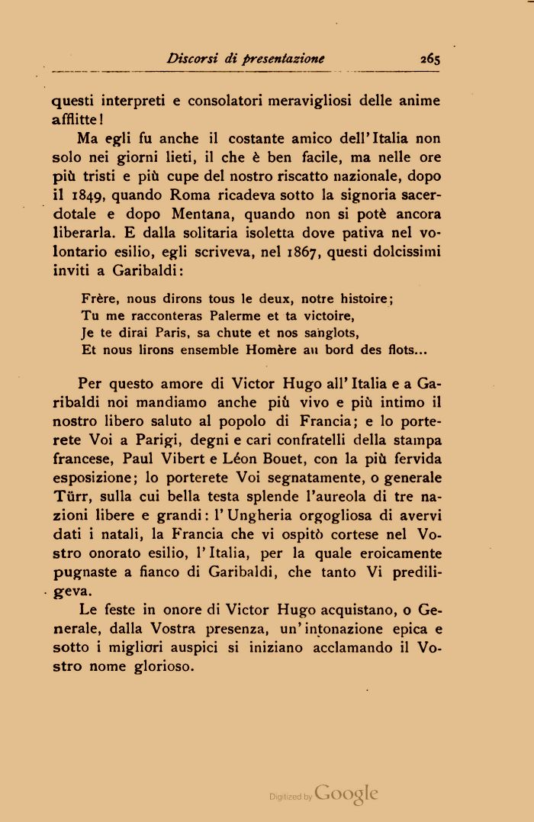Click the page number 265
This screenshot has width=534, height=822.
coord(430,58)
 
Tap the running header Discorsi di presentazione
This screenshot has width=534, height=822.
coord(246,58)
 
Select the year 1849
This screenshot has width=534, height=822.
coord(93,194)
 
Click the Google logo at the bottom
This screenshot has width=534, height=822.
coord(346,793)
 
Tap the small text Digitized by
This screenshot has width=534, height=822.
coord(291,796)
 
